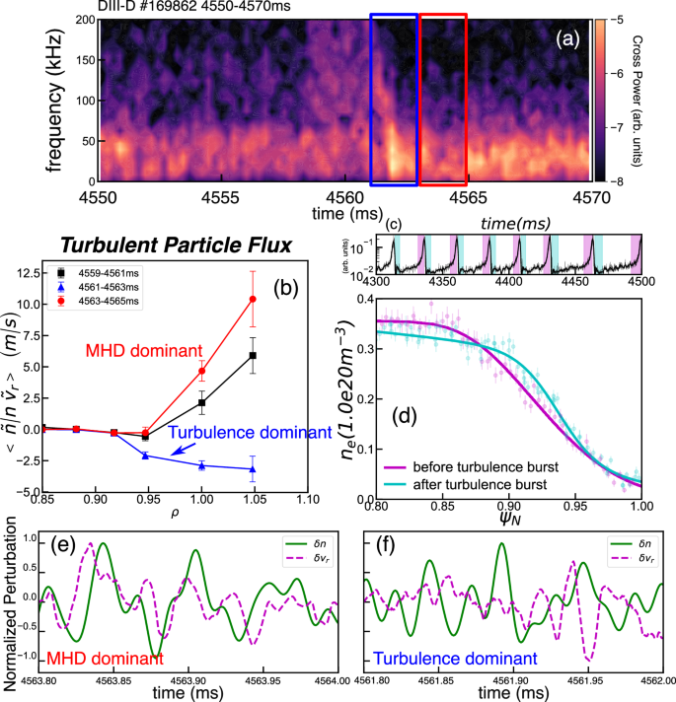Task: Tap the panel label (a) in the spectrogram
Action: [x=566, y=38]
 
